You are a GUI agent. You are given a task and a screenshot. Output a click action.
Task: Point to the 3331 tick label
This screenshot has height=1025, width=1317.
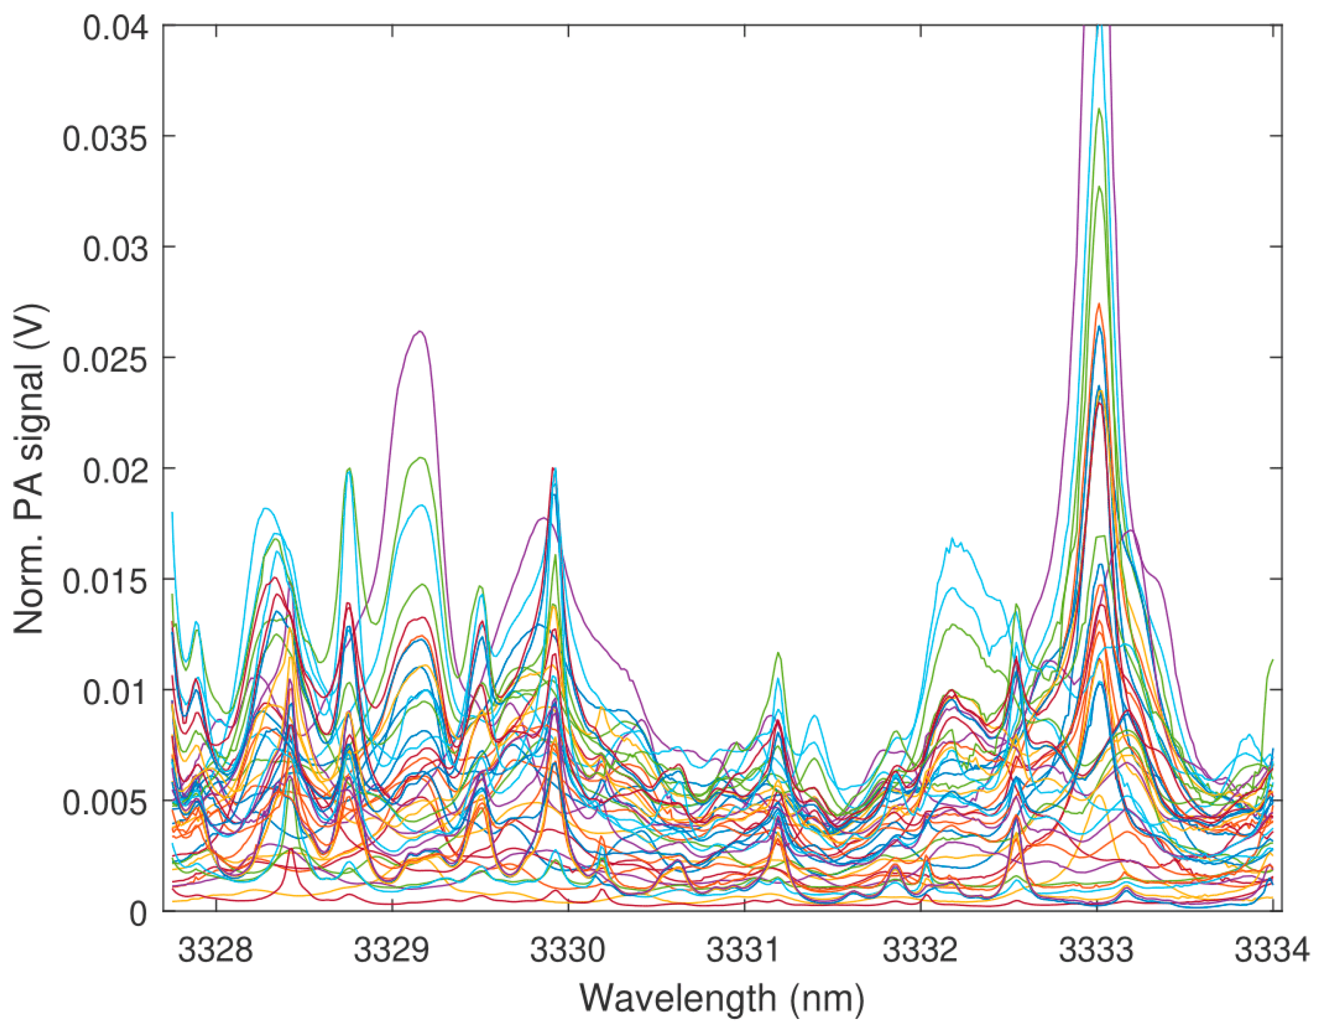(x=744, y=950)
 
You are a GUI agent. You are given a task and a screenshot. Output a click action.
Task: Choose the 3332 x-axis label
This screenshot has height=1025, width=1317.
(x=920, y=950)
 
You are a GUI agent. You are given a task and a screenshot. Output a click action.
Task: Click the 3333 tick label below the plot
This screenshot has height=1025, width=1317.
(x=1097, y=950)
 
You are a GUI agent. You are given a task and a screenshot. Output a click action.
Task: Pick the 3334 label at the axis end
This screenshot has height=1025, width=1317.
(x=1272, y=950)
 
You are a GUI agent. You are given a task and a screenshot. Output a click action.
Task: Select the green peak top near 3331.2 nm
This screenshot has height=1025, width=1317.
(x=779, y=653)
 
